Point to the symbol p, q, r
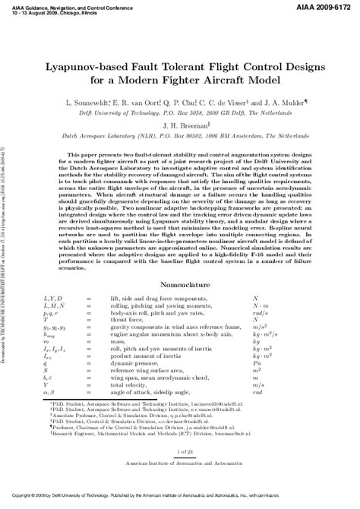54,313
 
